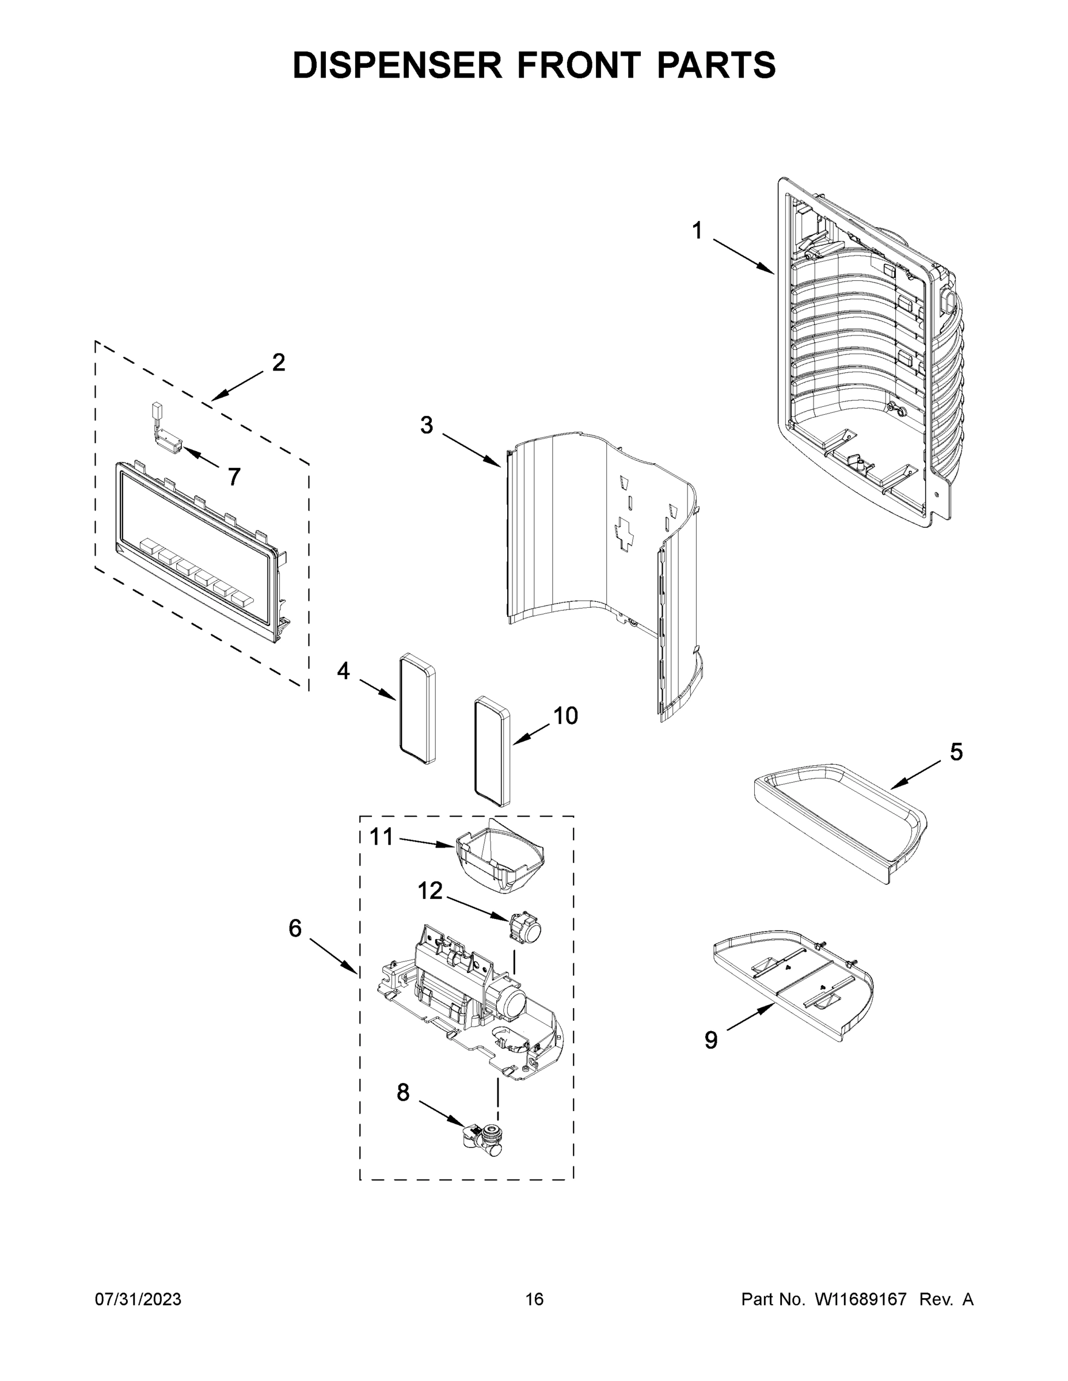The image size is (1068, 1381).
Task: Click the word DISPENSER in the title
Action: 397,65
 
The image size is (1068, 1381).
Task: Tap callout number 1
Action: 697,231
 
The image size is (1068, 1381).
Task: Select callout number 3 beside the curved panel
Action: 427,425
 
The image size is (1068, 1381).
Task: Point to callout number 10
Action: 565,716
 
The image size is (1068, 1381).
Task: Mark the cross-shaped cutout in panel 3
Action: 626,531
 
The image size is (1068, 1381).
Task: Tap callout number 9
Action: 711,1040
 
